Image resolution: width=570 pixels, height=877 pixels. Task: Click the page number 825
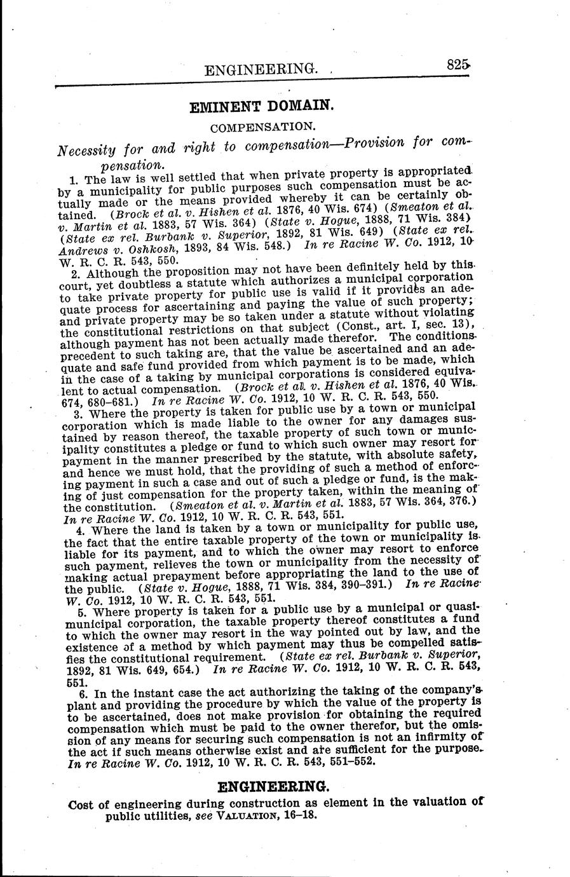tap(457, 64)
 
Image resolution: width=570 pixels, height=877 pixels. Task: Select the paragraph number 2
tap(74, 274)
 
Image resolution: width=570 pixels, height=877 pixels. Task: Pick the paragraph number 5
tap(81, 613)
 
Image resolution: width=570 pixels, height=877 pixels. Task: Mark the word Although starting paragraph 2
tap(109, 273)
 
